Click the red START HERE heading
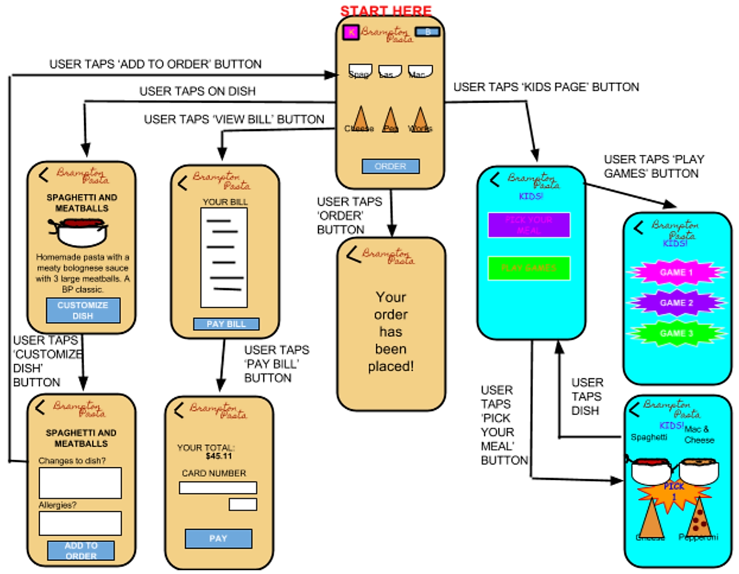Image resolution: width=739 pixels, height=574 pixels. pyautogui.click(x=385, y=11)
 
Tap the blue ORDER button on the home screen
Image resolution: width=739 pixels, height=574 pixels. pyautogui.click(x=390, y=167)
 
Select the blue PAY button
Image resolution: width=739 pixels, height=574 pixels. pyautogui.click(x=218, y=538)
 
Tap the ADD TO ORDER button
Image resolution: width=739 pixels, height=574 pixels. pyautogui.click(x=81, y=551)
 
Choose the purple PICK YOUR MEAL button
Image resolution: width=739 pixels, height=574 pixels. pyautogui.click(x=529, y=225)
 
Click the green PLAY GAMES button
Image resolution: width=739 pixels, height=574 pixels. pyautogui.click(x=529, y=268)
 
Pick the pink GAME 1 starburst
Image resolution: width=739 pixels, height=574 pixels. pyautogui.click(x=676, y=273)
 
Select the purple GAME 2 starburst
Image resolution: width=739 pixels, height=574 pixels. pyautogui.click(x=676, y=303)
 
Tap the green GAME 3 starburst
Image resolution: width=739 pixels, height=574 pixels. pyautogui.click(x=676, y=334)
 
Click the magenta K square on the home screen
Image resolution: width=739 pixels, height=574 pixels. pyautogui.click(x=351, y=31)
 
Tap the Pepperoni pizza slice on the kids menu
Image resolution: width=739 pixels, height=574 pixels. pyautogui.click(x=698, y=520)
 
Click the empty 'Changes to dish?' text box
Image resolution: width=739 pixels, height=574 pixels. pyautogui.click(x=80, y=483)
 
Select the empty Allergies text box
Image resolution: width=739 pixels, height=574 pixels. pyautogui.click(x=80, y=523)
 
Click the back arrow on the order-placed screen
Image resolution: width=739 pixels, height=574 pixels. pyautogui.click(x=354, y=254)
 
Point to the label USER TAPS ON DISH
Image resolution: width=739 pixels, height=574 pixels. pyautogui.click(x=197, y=91)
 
